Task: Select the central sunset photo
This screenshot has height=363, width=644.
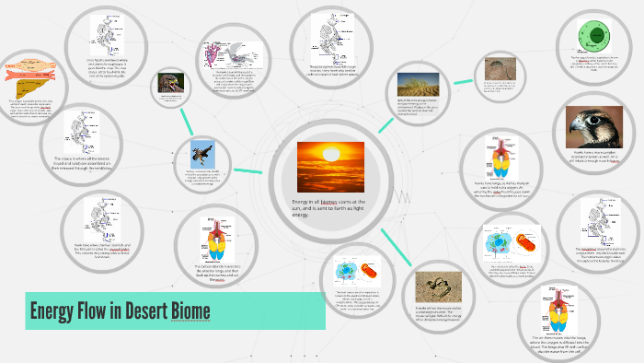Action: [x=330, y=167]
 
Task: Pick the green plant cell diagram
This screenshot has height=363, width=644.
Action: [x=592, y=39]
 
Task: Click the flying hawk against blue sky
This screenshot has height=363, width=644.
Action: [x=202, y=153]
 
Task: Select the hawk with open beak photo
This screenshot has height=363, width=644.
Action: [x=169, y=82]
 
